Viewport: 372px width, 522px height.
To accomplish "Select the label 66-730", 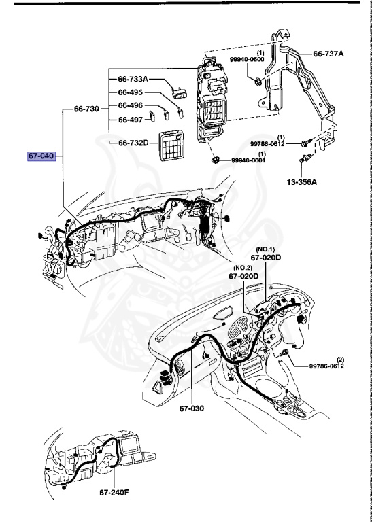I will [86, 109].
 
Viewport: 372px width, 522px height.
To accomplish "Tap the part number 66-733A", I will [133, 80].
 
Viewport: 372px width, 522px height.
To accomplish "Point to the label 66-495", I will [131, 92].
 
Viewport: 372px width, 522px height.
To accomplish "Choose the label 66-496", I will [131, 105].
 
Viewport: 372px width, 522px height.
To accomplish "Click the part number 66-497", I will [131, 119].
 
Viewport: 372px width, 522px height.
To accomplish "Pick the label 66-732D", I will [133, 143].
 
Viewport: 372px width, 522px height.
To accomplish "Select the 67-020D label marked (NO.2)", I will [243, 276].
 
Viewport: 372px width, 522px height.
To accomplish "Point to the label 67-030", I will [192, 408].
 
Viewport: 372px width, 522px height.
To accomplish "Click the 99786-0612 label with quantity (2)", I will [326, 366].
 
